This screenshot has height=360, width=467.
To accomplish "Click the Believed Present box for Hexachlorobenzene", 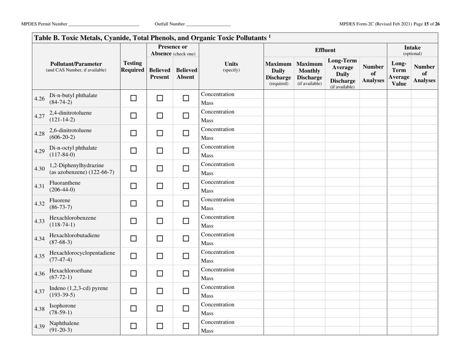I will click(x=160, y=222).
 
